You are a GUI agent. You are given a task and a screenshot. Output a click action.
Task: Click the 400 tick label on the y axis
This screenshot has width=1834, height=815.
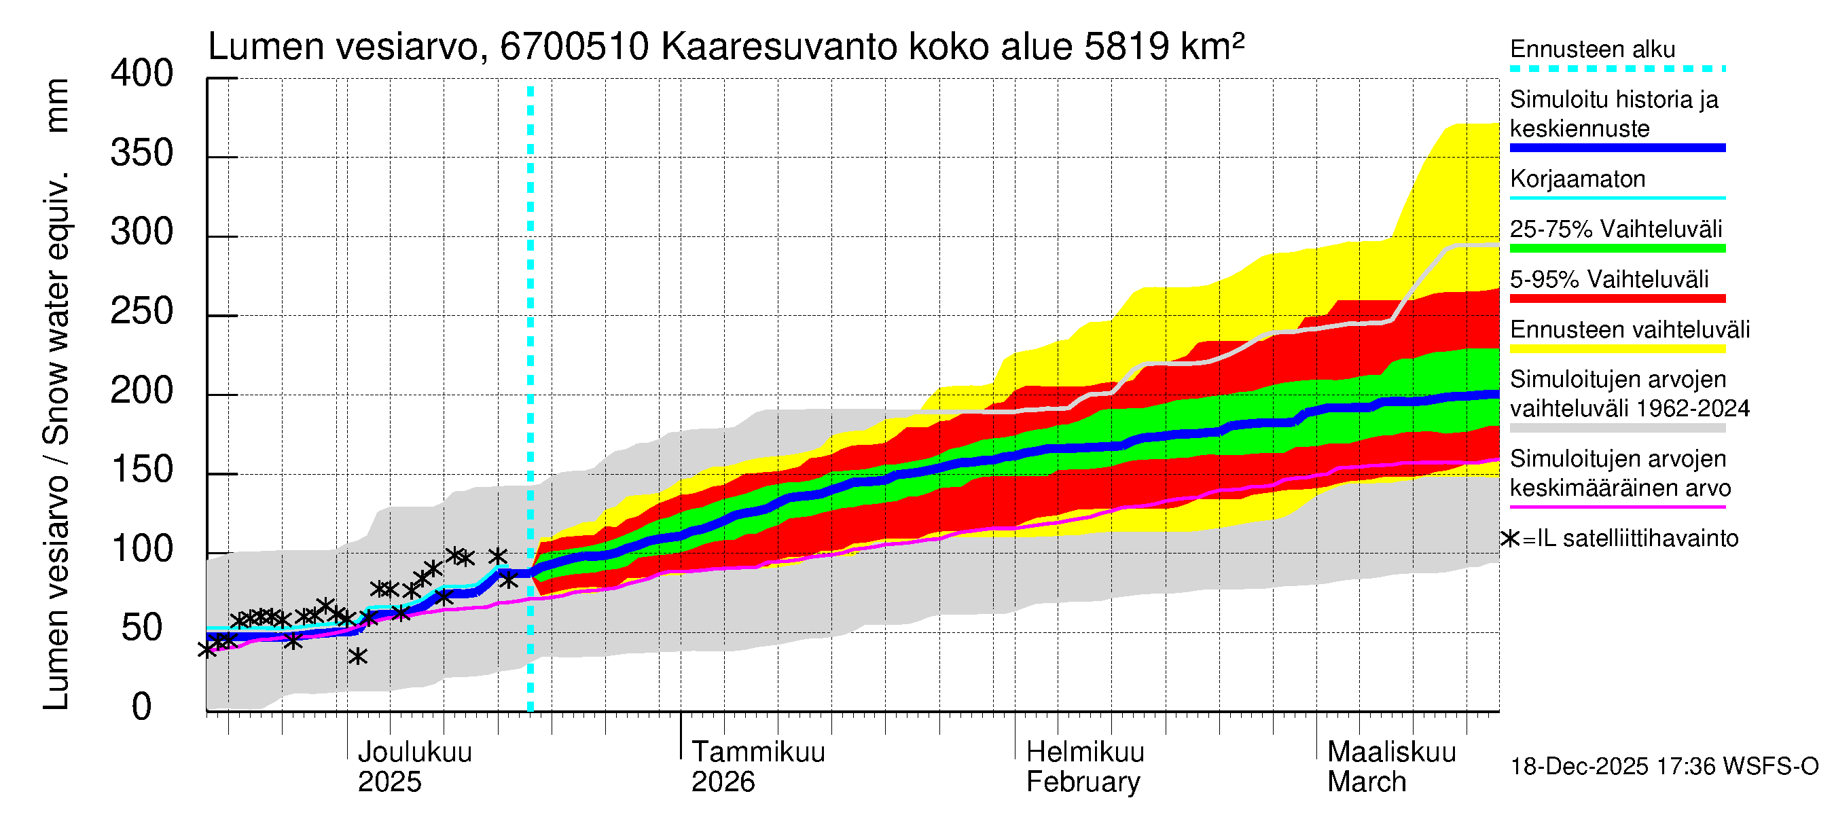coord(142,74)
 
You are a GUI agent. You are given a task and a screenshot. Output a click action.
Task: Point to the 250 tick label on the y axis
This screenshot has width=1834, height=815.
coord(142,312)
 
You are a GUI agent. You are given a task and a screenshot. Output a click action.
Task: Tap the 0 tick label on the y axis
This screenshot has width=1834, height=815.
coord(142,707)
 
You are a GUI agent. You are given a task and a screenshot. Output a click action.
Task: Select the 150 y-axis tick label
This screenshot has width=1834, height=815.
coord(142,470)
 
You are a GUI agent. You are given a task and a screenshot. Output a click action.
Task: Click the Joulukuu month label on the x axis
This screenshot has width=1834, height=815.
coord(414,753)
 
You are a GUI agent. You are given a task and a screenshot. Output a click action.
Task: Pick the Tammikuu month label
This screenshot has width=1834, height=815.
coord(757,753)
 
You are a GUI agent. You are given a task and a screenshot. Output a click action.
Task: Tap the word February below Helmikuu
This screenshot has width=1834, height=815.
coord(1082,782)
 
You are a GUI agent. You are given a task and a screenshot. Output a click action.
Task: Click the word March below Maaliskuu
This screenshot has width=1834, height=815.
coord(1366,782)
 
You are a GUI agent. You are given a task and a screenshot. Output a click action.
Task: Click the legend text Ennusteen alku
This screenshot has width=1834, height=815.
coord(1592,49)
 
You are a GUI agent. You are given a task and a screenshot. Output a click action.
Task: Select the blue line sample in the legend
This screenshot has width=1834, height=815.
coord(1617,148)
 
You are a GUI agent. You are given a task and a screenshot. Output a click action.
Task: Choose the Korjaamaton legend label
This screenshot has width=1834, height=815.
coord(1577,179)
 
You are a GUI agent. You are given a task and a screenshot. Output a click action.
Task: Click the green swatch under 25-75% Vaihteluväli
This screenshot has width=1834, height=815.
coord(1617,249)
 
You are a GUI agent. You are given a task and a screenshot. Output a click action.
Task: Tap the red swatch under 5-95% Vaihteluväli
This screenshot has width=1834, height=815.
coord(1617,298)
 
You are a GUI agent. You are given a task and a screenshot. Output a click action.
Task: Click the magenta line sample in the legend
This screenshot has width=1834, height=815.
coord(1617,507)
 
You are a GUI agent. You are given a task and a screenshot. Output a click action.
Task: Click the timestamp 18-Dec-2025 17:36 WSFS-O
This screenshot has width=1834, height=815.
coord(1664,767)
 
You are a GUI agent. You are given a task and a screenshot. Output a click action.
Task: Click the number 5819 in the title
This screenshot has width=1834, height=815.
coord(1126,47)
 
